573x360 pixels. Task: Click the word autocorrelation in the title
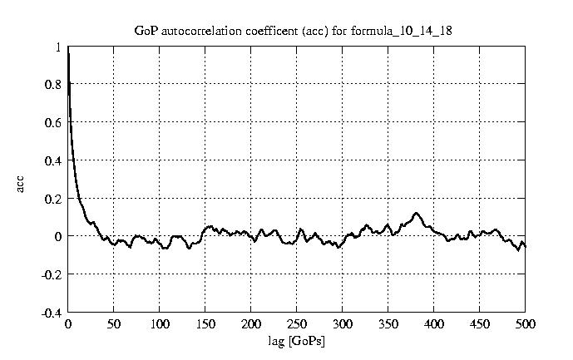click(x=199, y=31)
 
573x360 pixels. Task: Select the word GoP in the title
click(x=146, y=31)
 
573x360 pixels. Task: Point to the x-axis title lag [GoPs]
click(x=296, y=342)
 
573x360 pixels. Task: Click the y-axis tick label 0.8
click(x=52, y=84)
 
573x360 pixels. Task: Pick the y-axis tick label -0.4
click(x=51, y=313)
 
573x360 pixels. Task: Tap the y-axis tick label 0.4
click(x=52, y=160)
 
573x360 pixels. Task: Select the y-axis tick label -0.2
click(x=51, y=274)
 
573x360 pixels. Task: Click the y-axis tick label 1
click(x=57, y=47)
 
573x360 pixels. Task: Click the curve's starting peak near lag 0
click(x=69, y=52)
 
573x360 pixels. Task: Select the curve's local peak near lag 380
click(x=417, y=213)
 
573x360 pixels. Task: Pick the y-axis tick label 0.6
click(x=52, y=122)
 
